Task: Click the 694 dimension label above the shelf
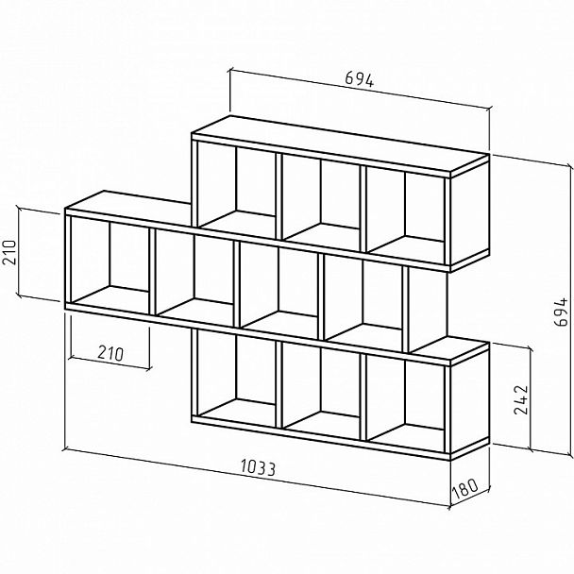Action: pos(360,81)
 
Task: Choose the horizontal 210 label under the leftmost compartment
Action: pos(110,354)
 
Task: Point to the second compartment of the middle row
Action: pos(194,275)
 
